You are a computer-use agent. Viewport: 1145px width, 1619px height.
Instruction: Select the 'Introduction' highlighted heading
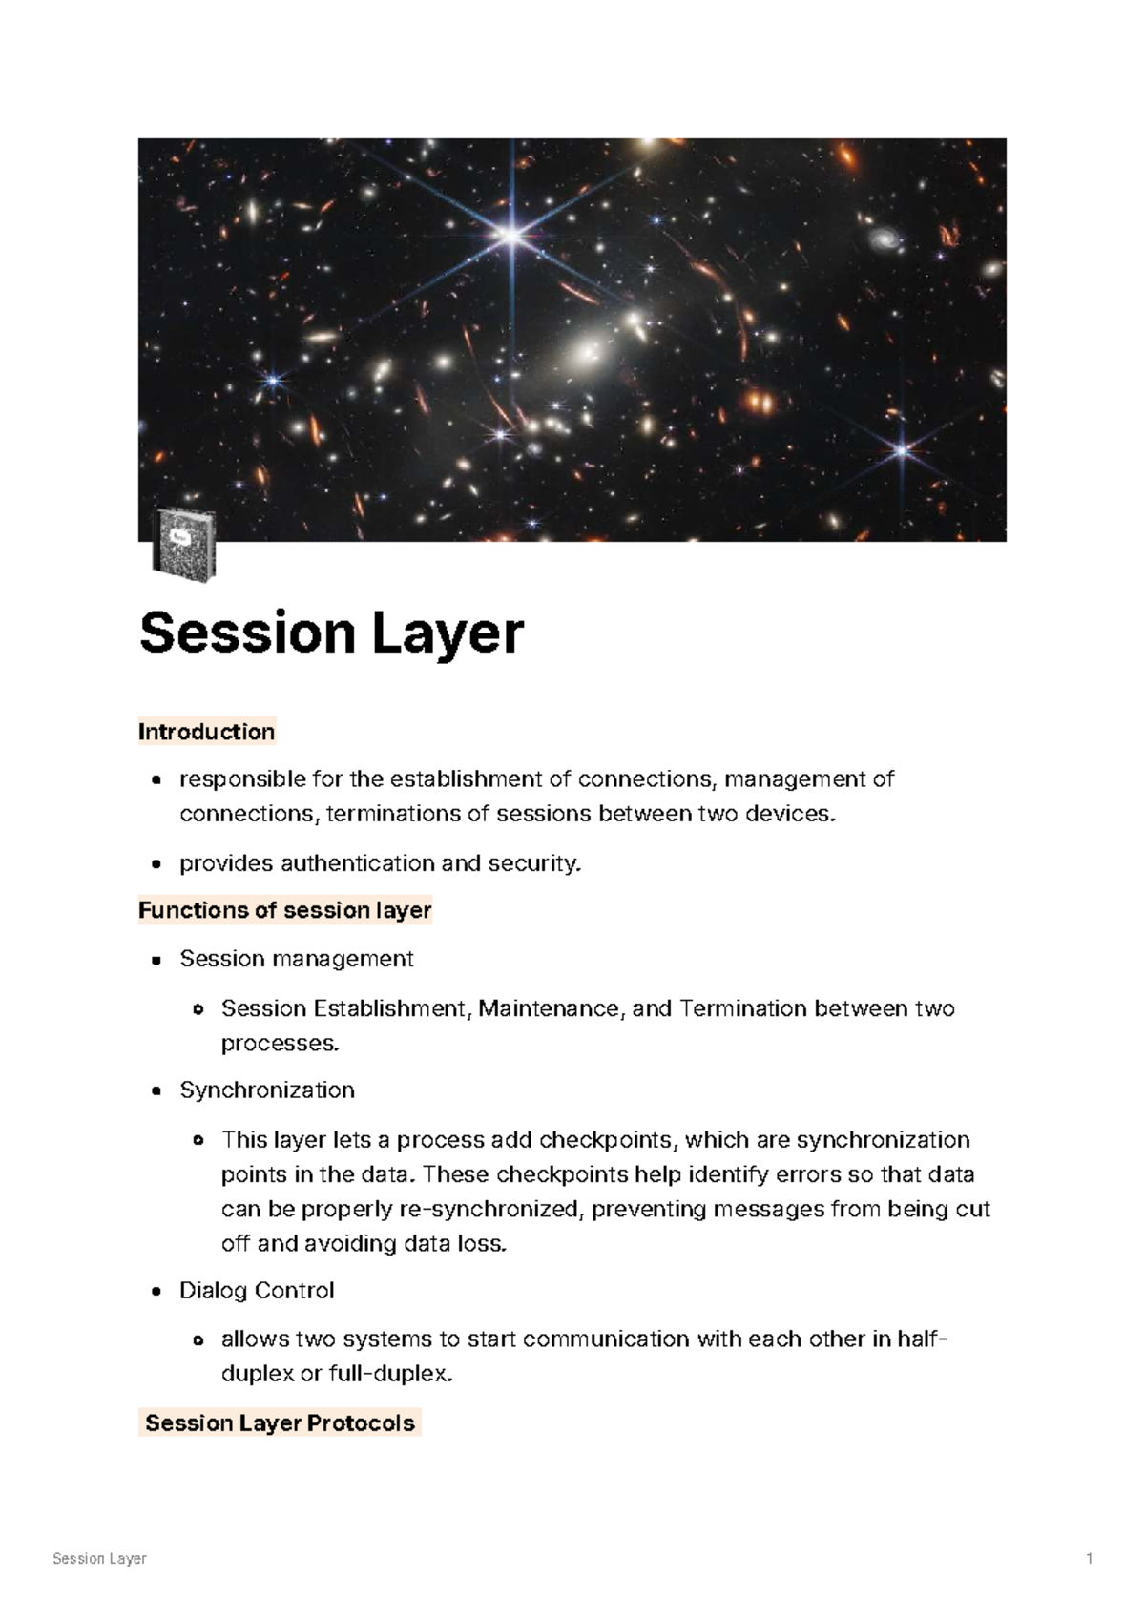point(206,732)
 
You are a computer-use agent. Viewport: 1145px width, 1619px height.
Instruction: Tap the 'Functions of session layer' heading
point(284,910)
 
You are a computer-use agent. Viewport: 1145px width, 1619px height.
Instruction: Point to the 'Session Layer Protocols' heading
point(280,1422)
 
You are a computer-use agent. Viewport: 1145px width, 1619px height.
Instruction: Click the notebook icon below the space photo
point(184,546)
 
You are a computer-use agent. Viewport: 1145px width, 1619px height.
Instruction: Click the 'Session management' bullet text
point(296,959)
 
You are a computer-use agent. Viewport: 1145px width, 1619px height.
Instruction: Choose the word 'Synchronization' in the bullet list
point(267,1090)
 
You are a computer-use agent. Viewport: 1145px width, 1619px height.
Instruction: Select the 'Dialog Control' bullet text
point(257,1291)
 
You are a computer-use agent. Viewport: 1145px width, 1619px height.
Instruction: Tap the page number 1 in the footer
point(1089,1559)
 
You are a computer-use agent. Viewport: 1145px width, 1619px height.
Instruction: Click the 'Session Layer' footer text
point(99,1559)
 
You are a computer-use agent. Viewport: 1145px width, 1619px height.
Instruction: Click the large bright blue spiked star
point(511,234)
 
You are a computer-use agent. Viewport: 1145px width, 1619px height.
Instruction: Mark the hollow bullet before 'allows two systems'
point(198,1340)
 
